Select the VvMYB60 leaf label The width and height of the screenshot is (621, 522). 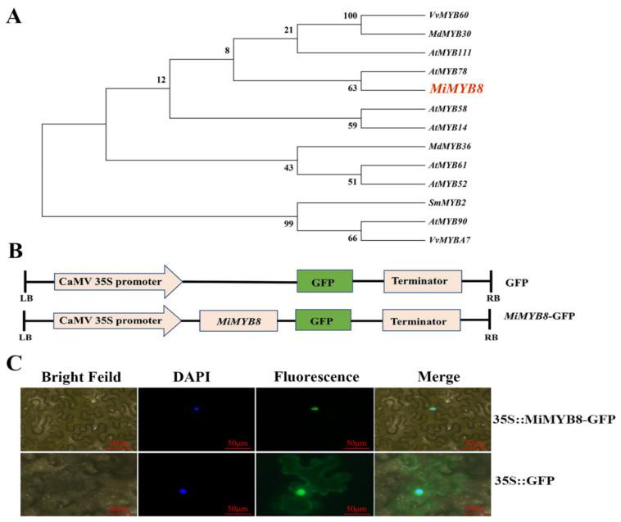[x=448, y=15]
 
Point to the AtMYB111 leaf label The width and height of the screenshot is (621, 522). [x=451, y=52]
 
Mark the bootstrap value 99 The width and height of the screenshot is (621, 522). [x=288, y=223]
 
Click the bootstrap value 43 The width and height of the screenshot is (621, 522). [x=288, y=168]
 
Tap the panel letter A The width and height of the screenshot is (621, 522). [x=13, y=16]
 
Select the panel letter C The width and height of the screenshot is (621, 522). [x=13, y=361]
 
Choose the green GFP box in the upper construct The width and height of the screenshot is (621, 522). [x=324, y=281]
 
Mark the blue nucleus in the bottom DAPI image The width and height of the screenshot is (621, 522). [x=184, y=491]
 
